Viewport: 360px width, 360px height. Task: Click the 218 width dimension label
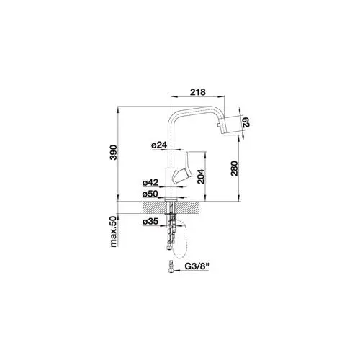(198, 92)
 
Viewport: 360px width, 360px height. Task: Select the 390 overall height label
(113, 153)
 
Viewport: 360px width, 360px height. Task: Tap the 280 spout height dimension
(234, 168)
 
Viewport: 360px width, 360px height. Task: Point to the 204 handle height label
(201, 176)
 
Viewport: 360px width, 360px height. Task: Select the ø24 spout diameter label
(159, 145)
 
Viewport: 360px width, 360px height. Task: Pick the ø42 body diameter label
(150, 183)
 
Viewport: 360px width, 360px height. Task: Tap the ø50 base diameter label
(150, 194)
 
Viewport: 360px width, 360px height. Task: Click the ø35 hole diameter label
(150, 222)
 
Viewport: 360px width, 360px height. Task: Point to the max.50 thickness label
(113, 231)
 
